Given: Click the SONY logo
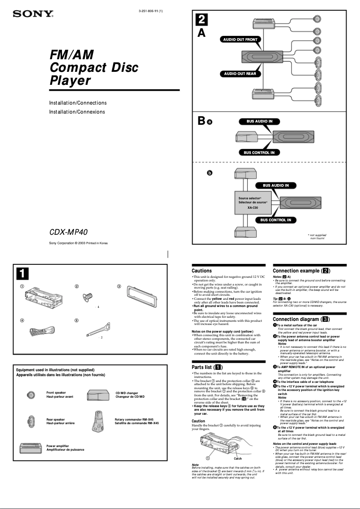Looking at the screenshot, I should (33, 14).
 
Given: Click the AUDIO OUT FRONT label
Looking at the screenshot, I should (241, 39).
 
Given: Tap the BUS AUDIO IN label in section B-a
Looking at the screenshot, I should (259, 121).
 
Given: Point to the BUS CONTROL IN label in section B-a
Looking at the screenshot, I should (259, 153).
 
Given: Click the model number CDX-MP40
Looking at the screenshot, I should (68, 233).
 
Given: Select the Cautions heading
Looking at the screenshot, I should (202, 271).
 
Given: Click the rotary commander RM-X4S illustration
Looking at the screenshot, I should (99, 421).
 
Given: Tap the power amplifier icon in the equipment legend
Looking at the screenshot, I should (31, 448).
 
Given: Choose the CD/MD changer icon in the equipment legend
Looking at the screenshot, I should (100, 395).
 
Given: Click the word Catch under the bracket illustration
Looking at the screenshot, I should (238, 459).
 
